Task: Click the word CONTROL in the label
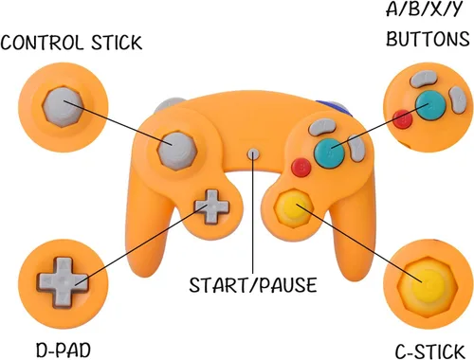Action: click(41, 43)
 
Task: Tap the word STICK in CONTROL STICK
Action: click(117, 43)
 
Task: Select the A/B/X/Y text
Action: click(425, 9)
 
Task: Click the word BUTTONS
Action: click(428, 39)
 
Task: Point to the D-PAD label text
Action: click(64, 350)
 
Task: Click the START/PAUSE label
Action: click(253, 285)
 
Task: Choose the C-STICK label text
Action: click(429, 351)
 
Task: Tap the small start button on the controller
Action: click(253, 154)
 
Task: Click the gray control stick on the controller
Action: click(177, 152)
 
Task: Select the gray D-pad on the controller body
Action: click(211, 207)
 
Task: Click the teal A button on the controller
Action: click(329, 153)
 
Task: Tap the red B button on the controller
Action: click(301, 167)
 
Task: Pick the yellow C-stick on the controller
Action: click(294, 208)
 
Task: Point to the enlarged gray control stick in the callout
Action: click(63, 107)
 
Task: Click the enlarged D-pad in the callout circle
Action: click(63, 282)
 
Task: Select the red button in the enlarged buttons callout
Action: click(403, 119)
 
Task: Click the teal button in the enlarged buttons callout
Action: click(430, 105)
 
